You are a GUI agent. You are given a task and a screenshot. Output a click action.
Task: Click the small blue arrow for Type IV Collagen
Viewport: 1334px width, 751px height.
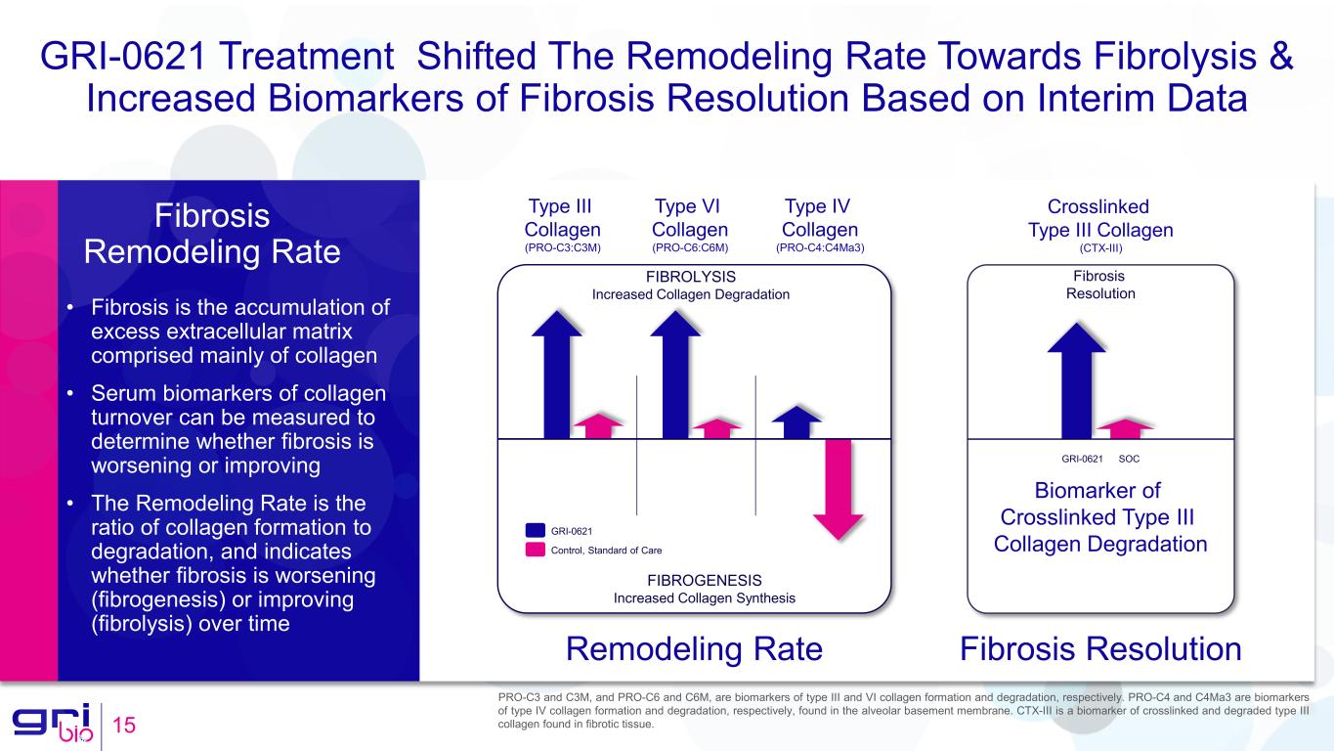[796, 422]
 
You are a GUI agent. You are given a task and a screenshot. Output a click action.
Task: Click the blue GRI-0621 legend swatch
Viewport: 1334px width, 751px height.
[535, 530]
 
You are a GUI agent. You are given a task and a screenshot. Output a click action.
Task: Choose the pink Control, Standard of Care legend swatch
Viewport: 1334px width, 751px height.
[535, 550]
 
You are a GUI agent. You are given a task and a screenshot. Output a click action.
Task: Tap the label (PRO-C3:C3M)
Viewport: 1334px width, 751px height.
[563, 248]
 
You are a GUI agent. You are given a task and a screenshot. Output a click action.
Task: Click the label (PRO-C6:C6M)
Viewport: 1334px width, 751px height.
[690, 248]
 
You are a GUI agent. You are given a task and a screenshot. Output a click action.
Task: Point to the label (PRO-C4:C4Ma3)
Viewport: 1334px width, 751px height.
[820, 248]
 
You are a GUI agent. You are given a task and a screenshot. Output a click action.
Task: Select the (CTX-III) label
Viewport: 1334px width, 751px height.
[1100, 248]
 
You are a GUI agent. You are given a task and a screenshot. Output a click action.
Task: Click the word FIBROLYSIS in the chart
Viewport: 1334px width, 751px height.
[690, 277]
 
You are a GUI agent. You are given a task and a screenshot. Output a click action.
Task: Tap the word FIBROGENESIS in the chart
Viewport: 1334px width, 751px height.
[704, 580]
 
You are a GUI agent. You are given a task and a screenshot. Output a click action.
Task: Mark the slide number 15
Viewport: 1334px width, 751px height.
[124, 727]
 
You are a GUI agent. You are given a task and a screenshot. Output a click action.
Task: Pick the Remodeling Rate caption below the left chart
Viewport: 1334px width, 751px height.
[694, 649]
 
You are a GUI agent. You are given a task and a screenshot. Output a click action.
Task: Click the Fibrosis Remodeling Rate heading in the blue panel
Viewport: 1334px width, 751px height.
[212, 234]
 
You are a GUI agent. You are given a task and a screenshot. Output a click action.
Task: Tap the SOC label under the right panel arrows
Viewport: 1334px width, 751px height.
[1129, 459]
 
